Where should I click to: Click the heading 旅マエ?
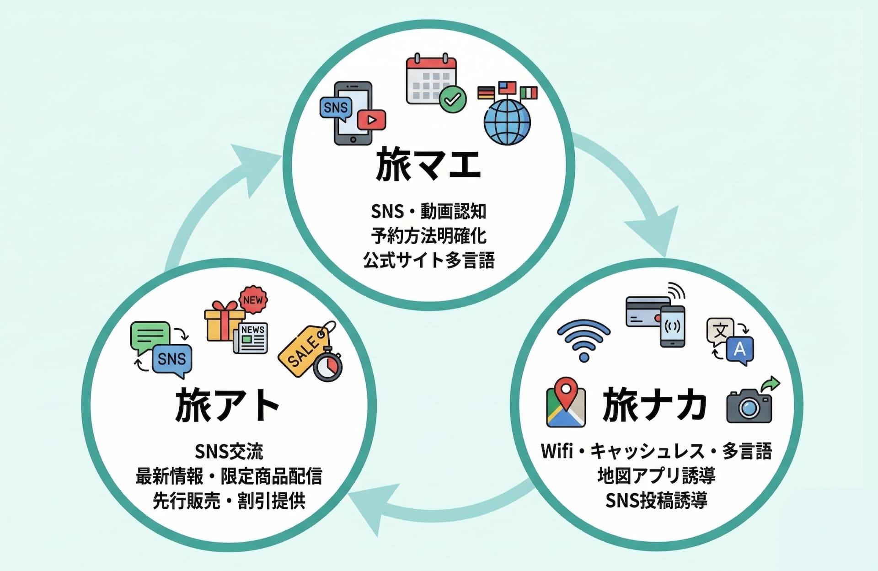(x=428, y=164)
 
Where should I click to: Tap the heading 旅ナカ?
(x=654, y=405)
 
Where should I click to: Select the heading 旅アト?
(x=227, y=405)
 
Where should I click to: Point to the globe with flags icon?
(x=507, y=114)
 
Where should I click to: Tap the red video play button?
(x=371, y=120)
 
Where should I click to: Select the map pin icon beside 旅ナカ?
(x=566, y=403)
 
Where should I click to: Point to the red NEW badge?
(x=253, y=300)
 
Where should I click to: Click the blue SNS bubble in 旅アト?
(x=172, y=360)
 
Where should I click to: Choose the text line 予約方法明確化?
(x=428, y=236)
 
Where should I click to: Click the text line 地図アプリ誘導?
(x=656, y=476)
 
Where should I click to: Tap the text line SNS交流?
(x=229, y=451)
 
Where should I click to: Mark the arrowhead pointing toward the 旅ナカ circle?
(x=654, y=231)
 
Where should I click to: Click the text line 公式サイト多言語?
(x=428, y=260)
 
